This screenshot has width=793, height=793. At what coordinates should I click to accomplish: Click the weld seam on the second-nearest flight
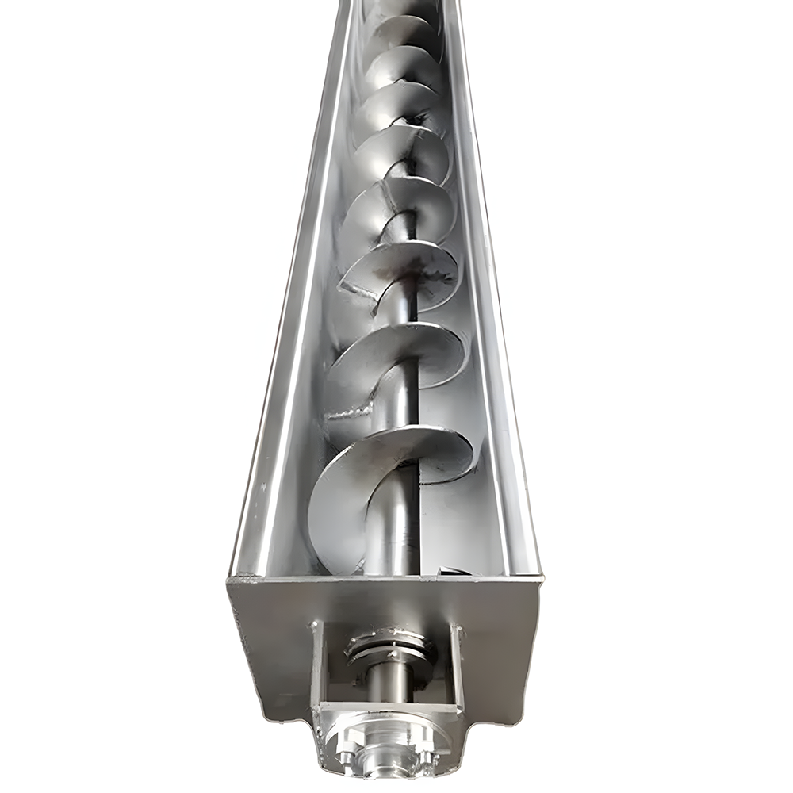349,412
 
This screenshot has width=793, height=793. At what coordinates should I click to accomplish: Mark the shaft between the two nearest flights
404,420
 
